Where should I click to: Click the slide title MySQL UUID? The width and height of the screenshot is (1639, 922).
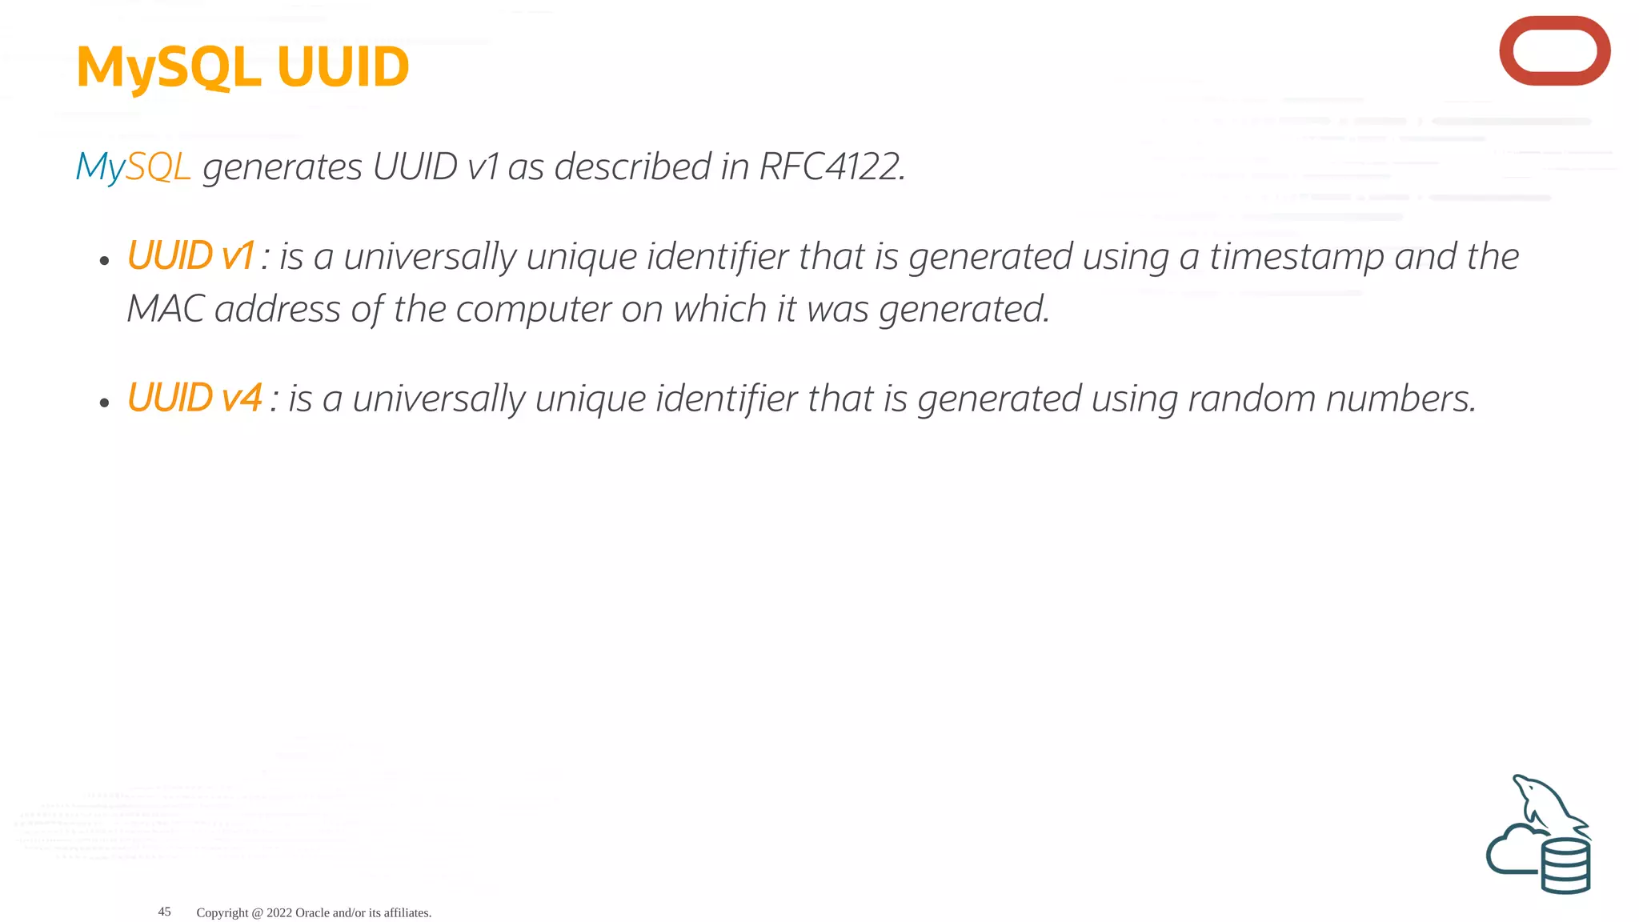[242, 67]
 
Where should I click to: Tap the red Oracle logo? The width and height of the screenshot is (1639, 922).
[1554, 50]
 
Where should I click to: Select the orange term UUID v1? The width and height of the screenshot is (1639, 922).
[190, 256]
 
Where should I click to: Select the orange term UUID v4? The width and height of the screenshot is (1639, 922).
[194, 398]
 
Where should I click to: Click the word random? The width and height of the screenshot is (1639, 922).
[1252, 399]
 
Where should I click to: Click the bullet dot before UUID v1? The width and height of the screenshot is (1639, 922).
[104, 261]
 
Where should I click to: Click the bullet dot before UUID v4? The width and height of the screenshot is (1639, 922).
[104, 403]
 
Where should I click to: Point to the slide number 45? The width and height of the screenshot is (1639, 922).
[164, 912]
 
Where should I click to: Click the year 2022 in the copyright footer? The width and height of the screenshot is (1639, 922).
[279, 912]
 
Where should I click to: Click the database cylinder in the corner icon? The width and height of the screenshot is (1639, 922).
[1565, 865]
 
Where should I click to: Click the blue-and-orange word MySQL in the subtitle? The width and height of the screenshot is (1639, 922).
[133, 167]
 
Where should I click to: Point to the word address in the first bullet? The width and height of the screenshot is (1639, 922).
[277, 310]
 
